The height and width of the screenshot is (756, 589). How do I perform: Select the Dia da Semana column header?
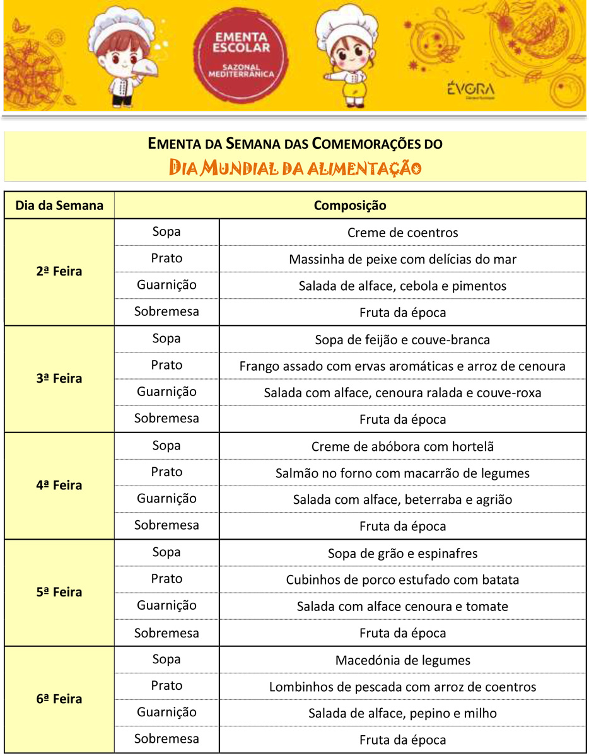[59, 206]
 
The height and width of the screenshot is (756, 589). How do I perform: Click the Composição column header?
[350, 206]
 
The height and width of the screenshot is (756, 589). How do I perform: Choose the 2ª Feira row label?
[59, 272]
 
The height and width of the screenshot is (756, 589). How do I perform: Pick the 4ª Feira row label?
[59, 486]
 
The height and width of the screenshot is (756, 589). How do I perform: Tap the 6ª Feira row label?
[59, 699]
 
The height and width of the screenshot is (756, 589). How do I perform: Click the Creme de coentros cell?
[402, 233]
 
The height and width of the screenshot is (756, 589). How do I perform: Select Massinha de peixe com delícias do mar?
[402, 259]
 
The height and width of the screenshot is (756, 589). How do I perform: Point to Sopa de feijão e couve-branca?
[402, 340]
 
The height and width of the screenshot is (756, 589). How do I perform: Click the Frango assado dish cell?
[402, 366]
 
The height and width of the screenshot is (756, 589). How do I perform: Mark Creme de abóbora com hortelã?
[402, 446]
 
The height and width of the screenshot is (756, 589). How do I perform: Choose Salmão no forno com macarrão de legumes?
[402, 473]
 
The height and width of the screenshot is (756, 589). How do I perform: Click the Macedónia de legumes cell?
[402, 660]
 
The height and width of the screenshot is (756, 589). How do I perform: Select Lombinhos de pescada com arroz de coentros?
[402, 687]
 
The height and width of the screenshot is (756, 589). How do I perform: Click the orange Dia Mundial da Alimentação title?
[295, 168]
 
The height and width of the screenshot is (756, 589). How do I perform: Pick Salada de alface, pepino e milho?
[402, 714]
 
